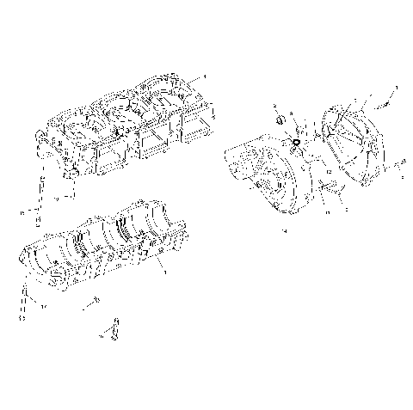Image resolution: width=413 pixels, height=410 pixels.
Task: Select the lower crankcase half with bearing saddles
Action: click(x=103, y=245)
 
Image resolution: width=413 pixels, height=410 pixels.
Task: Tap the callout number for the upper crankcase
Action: click(x=204, y=76)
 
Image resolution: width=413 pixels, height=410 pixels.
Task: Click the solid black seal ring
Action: click(x=295, y=142)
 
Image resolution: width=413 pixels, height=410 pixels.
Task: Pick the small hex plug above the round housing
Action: click(x=280, y=119)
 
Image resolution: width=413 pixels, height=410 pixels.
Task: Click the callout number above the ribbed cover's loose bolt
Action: click(x=396, y=88)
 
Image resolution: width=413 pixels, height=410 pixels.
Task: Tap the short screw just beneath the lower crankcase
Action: click(x=92, y=303)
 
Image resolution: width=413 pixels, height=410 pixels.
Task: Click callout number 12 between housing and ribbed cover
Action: click(x=329, y=172)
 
